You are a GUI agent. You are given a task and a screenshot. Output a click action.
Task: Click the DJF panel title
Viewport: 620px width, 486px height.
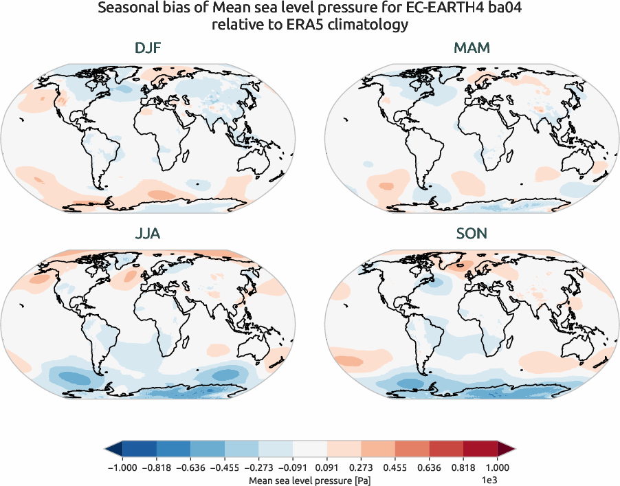click(147, 49)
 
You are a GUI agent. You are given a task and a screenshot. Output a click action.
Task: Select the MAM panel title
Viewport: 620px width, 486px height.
click(472, 49)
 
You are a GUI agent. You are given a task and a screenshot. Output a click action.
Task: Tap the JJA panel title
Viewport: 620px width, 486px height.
click(147, 234)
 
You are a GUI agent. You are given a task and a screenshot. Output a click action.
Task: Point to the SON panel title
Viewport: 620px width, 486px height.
click(472, 234)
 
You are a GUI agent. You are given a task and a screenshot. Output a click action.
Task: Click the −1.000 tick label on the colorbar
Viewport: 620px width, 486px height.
click(122, 467)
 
